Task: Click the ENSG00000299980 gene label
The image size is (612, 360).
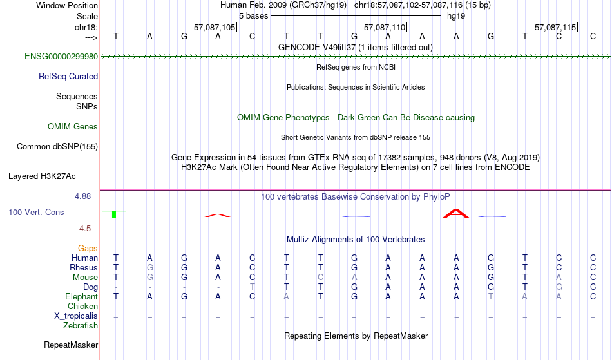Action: pos(61,57)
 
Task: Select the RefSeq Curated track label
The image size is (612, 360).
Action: pos(68,77)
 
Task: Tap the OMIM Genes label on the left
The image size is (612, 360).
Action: pos(73,127)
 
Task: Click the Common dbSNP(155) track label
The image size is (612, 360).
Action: pos(57,147)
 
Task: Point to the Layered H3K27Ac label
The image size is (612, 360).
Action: pos(42,176)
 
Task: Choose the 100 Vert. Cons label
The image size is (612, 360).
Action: pos(36,212)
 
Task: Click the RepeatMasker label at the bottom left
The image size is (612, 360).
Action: pos(71,345)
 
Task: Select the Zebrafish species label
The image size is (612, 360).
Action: pos(81,326)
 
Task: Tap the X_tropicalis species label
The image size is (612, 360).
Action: pos(76,316)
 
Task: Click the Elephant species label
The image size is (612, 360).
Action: pos(81,297)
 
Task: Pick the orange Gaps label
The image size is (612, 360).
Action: pos(88,249)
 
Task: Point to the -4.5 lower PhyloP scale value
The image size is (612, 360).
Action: pos(84,229)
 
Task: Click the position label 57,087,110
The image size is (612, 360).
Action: pos(385,27)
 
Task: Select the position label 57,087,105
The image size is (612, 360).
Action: pos(215,27)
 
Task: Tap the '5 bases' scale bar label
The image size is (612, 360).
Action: pos(254,16)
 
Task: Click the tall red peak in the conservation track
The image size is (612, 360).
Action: pos(456,213)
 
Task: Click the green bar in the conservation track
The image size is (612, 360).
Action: pos(114,214)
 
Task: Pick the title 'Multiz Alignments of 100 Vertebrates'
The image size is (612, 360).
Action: pos(356,240)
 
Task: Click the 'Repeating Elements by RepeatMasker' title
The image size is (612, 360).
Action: pos(356,336)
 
